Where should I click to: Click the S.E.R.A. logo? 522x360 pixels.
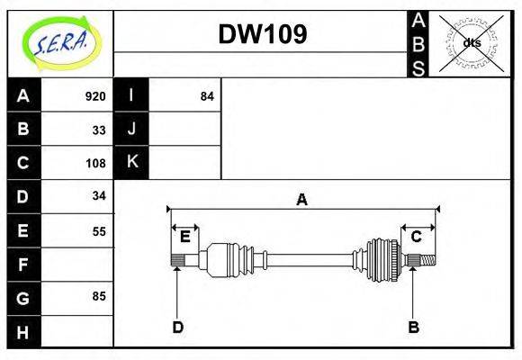pyautogui.click(x=58, y=40)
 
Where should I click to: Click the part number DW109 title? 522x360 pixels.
pyautogui.click(x=262, y=34)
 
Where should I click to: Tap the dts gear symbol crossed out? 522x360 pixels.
pyautogui.click(x=470, y=42)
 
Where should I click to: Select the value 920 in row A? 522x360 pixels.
pyautogui.click(x=95, y=96)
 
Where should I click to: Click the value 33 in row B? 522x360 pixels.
pyautogui.click(x=99, y=130)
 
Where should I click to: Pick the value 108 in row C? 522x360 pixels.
pyautogui.click(x=95, y=163)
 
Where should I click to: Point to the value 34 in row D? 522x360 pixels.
pyautogui.click(x=99, y=196)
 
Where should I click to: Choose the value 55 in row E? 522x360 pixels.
pyautogui.click(x=99, y=230)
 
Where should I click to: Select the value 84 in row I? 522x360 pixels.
pyautogui.click(x=207, y=96)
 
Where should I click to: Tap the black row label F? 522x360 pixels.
pyautogui.click(x=23, y=265)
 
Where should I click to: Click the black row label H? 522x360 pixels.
pyautogui.click(x=23, y=331)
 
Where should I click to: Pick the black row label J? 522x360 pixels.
pyautogui.click(x=131, y=130)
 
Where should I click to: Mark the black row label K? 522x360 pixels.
pyautogui.click(x=131, y=163)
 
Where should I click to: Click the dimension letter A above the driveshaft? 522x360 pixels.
pyautogui.click(x=302, y=200)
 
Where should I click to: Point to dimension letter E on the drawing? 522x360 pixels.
pyautogui.click(x=184, y=238)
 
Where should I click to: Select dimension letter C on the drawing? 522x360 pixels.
pyautogui.click(x=417, y=237)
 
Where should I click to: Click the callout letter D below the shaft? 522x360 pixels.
pyautogui.click(x=177, y=328)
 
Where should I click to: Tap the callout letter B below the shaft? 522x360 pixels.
pyautogui.click(x=413, y=328)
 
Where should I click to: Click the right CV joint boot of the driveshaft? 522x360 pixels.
pyautogui.click(x=382, y=260)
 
